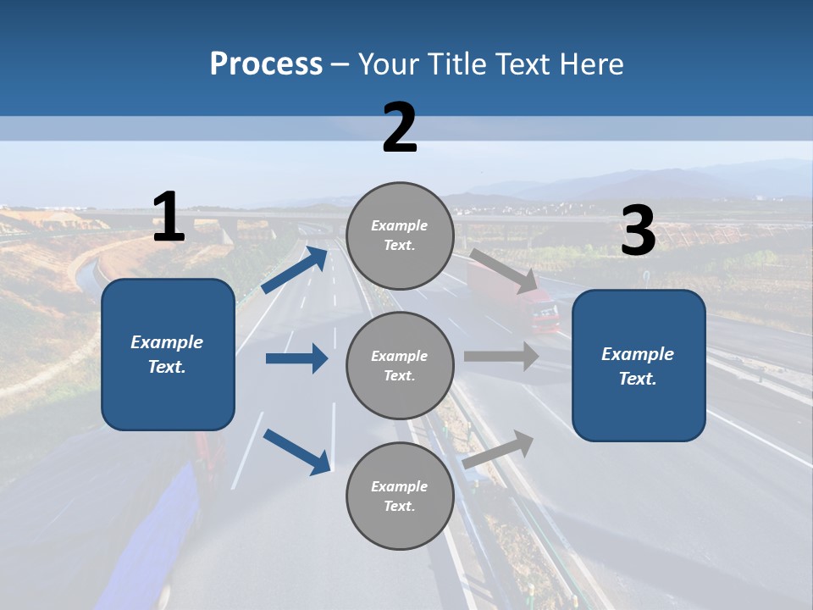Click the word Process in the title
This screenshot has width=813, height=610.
(266, 64)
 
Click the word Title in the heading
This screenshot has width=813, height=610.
(455, 64)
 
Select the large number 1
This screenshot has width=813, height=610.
(169, 218)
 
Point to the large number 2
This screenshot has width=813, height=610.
(400, 128)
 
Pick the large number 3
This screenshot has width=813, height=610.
(638, 231)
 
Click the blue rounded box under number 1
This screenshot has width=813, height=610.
(168, 354)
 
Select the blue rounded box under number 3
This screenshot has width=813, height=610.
(639, 366)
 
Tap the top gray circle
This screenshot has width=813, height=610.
(400, 236)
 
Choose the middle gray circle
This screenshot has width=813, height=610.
(400, 366)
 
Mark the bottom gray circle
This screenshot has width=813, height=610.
(400, 496)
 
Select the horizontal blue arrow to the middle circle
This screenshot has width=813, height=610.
(296, 358)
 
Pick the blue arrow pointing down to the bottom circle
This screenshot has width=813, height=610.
(296, 451)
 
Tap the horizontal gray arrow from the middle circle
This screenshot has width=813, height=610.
(501, 356)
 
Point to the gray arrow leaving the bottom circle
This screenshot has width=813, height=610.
(498, 449)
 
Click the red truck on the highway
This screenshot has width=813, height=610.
(542, 310)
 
